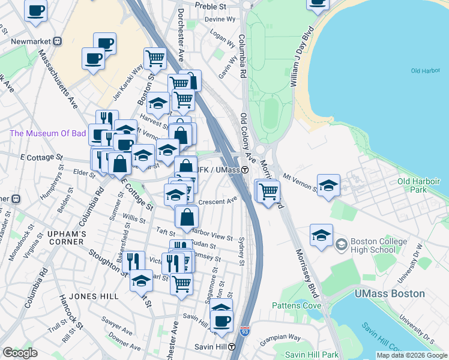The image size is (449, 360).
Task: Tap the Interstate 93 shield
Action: [x=244, y=331]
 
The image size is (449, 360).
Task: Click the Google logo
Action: [x=20, y=353]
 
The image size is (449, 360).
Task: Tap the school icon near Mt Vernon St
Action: [x=328, y=185]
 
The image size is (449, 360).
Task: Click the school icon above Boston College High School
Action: [x=321, y=235]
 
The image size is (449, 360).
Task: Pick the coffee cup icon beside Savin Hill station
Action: [x=222, y=320]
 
